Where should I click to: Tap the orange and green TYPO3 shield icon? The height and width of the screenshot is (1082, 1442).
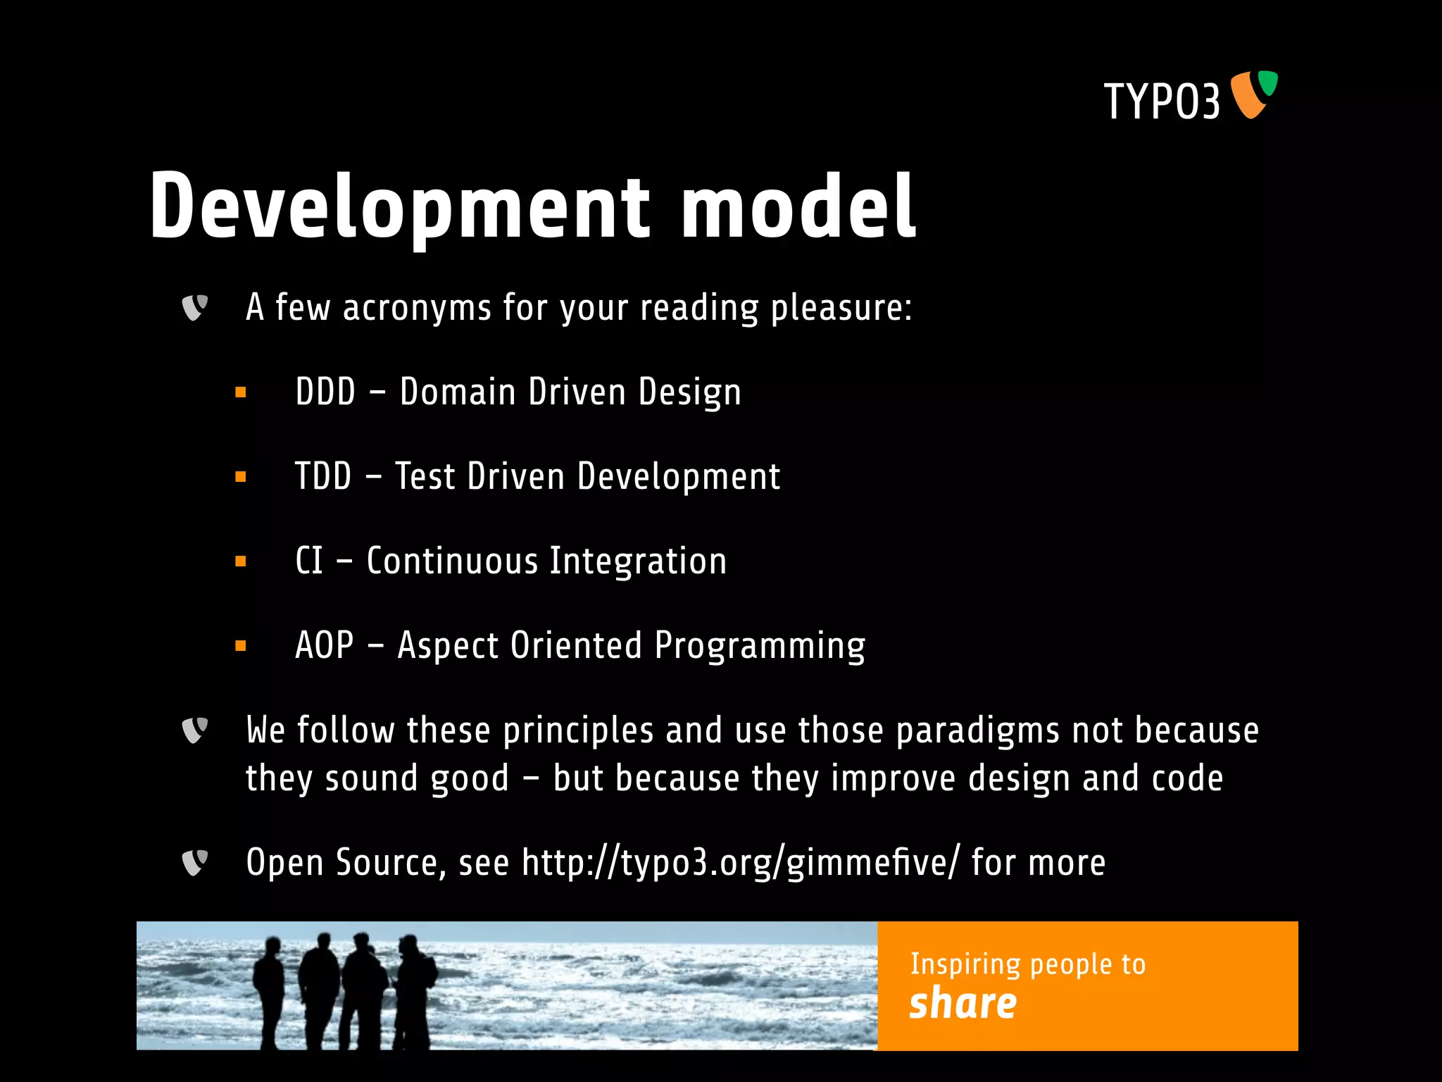[x=1253, y=94]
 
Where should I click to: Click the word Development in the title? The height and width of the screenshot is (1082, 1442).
[x=399, y=207]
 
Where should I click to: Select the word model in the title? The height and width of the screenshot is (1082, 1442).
[x=798, y=207]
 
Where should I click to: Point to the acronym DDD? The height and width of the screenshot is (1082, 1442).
[x=325, y=392]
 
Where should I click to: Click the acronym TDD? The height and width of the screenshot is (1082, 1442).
[x=323, y=476]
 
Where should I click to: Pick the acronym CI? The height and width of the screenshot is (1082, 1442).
[x=309, y=561]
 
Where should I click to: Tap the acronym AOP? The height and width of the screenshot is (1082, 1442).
[x=325, y=645]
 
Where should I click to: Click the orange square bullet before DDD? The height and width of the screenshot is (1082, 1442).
[x=241, y=392]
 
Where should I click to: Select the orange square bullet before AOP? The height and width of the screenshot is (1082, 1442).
[x=241, y=645]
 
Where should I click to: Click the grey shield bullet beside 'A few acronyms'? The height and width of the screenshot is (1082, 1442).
[x=194, y=308]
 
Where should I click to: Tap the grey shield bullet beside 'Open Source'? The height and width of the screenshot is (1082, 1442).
[x=194, y=863]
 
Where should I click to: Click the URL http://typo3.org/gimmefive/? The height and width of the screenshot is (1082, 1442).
[x=740, y=863]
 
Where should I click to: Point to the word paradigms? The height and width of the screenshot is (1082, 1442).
[x=977, y=731]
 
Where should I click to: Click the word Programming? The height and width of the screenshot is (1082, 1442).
[x=760, y=646]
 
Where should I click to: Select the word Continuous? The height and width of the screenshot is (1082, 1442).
[x=452, y=561]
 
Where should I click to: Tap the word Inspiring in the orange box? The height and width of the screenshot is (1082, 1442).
[x=965, y=964]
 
